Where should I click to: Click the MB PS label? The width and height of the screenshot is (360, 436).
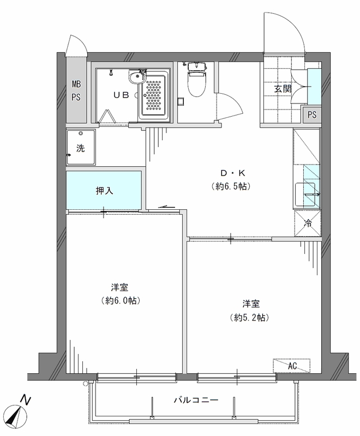(76, 90)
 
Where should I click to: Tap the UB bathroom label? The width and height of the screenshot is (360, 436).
(121, 95)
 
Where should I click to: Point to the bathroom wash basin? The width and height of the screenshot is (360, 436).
(137, 77)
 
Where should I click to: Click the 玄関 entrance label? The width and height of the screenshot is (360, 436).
(283, 89)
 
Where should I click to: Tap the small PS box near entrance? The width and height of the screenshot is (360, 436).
(312, 114)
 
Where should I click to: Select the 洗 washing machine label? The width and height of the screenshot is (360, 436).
(80, 148)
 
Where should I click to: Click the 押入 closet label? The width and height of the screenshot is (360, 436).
(104, 191)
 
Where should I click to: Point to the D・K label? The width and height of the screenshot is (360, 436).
(233, 173)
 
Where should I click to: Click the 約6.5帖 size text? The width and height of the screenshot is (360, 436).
(231, 186)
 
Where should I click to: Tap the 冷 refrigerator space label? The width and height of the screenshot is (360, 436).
(308, 223)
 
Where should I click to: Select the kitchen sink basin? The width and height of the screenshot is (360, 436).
(305, 195)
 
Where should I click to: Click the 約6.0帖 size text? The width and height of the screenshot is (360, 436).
(121, 300)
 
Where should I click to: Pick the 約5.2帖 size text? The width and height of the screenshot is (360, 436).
(249, 317)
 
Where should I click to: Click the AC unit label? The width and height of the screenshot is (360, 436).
(292, 366)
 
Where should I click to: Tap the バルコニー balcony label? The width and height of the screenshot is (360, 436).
(196, 400)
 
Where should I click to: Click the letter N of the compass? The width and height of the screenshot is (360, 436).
(26, 401)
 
